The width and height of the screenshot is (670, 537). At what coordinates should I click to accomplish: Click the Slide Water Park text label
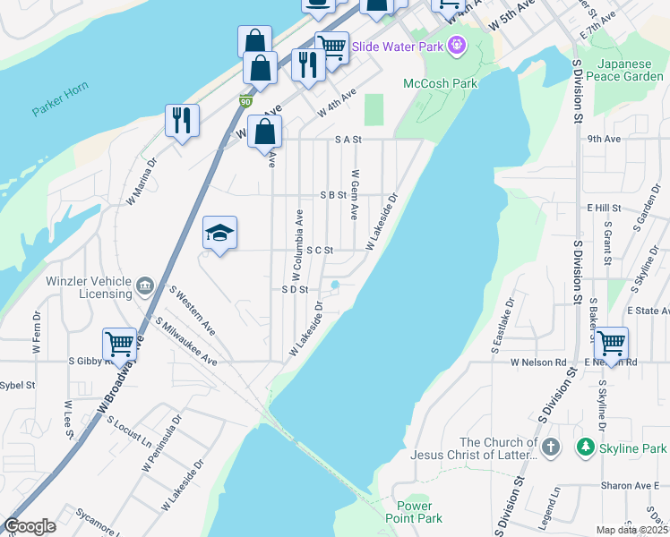(x=398, y=45)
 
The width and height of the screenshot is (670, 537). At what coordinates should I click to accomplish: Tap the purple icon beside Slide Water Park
(x=457, y=44)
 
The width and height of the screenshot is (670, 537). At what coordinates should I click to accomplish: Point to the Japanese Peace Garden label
(x=631, y=70)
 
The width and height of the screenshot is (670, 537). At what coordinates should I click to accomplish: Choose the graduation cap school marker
(x=219, y=234)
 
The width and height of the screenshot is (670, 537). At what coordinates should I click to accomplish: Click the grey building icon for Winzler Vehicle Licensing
(x=145, y=287)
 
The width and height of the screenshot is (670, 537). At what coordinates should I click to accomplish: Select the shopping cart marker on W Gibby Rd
(x=119, y=345)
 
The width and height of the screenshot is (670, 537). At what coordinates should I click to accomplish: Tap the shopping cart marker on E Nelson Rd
(x=611, y=344)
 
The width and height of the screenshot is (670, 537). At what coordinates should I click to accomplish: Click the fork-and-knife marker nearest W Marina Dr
(x=182, y=121)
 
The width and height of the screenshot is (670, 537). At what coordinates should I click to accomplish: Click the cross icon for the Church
(x=551, y=446)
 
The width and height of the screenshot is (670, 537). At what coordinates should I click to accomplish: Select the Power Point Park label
(x=414, y=512)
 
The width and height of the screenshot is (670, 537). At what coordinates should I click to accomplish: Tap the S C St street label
(x=320, y=251)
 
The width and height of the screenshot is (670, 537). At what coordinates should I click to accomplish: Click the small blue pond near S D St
(x=335, y=286)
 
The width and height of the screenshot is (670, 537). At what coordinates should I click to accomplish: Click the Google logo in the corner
(x=30, y=526)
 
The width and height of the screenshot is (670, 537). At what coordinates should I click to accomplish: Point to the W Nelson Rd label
(x=538, y=362)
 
